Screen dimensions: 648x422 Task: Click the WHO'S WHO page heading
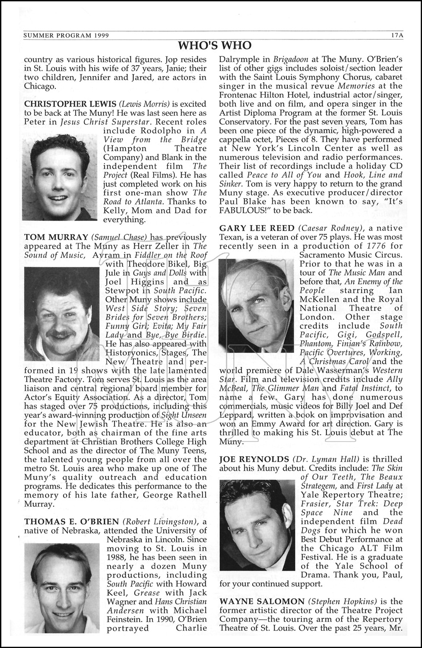click(215, 45)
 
